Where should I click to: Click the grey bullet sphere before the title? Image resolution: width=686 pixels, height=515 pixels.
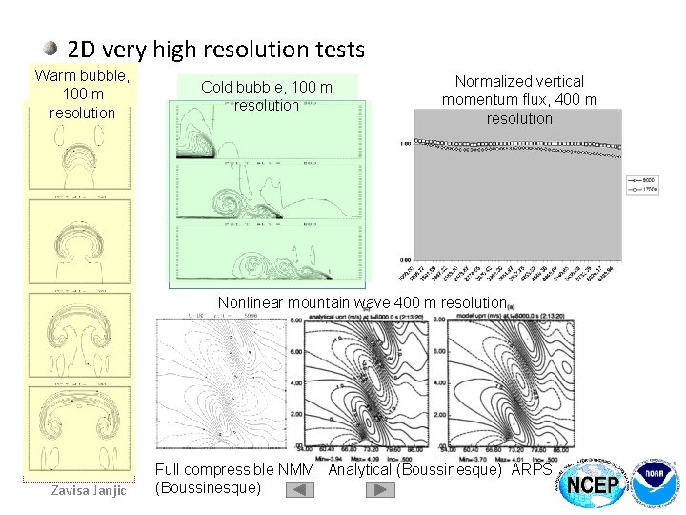pyautogui.click(x=52, y=48)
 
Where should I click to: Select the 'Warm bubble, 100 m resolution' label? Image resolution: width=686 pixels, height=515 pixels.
pyautogui.click(x=82, y=93)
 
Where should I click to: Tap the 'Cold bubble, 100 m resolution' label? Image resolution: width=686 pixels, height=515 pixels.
pyautogui.click(x=266, y=96)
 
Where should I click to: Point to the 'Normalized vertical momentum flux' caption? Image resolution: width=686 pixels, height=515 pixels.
pyautogui.click(x=519, y=100)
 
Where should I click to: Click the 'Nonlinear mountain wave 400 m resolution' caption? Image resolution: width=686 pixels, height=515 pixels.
pyautogui.click(x=361, y=303)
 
